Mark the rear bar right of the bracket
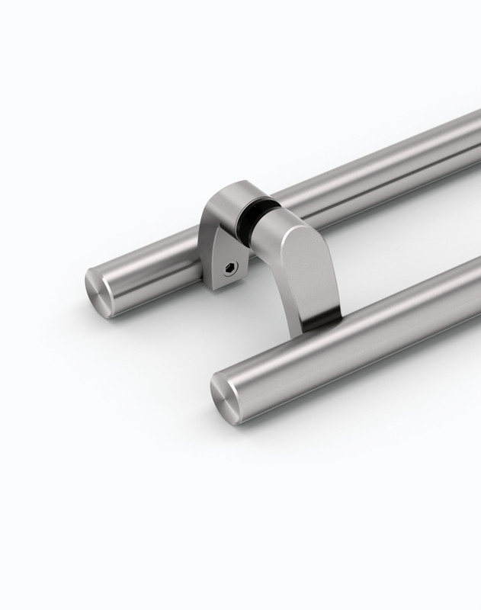point(381,168)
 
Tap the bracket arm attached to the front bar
point(305,267)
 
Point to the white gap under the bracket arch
point(259,290)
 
